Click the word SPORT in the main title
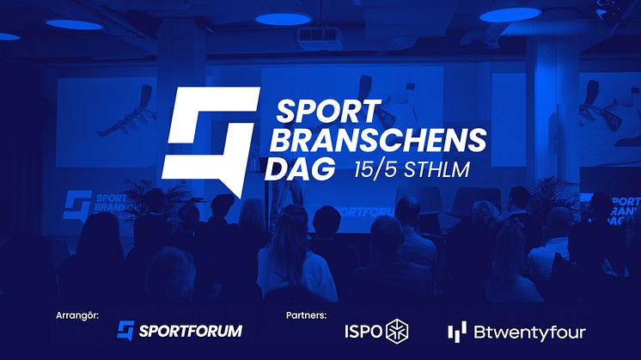327,112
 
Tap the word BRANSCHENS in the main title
378,140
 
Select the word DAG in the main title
300,169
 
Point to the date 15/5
375,169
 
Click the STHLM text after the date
436,169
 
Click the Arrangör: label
77,316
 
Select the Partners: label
306,315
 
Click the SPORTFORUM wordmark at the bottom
191,331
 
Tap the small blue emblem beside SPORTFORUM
125,330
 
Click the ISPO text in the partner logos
363,332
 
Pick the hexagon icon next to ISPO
397,331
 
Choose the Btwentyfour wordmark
530,333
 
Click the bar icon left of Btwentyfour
457,332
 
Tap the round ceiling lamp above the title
284,19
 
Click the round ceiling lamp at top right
510,15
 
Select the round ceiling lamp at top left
74,25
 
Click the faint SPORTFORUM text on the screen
363,211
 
